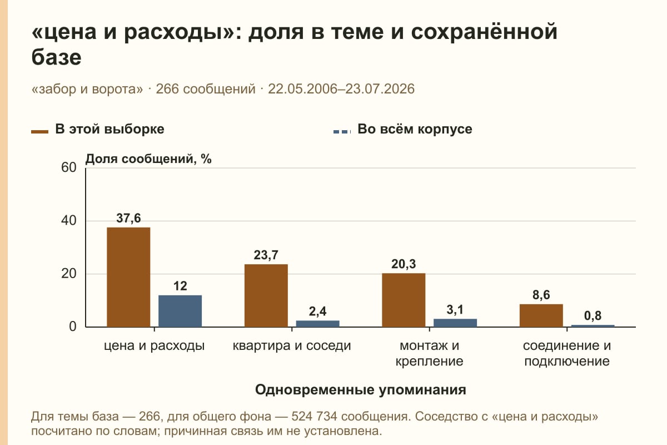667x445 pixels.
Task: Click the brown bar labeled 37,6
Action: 128,277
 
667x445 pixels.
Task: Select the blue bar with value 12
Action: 180,311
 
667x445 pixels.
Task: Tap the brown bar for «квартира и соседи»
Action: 266,296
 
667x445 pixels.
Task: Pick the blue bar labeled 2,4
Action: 317,324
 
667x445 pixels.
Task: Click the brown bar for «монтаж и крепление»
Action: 404,300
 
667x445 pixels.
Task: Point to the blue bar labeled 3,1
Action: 455,323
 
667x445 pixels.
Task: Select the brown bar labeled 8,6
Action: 541,315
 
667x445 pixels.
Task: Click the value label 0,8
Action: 593,315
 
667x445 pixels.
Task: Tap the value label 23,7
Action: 266,255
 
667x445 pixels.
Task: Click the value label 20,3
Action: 404,264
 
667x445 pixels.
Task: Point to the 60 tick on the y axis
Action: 69,167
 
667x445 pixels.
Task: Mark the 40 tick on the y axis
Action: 69,221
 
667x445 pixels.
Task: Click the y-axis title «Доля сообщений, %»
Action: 148,159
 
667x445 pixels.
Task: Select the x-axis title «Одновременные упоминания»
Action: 361,390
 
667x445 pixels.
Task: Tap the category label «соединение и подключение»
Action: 566,353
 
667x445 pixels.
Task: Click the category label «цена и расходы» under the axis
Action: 155,346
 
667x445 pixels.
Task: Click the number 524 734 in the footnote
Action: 314,417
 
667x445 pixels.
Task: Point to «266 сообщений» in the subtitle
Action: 206,89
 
